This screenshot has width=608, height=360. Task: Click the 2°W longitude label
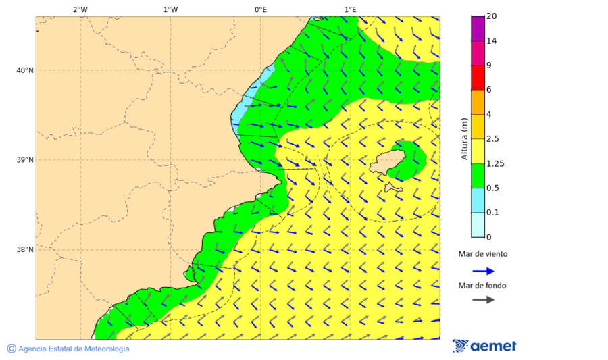point(80,9)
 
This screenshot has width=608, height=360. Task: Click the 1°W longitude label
point(170,9)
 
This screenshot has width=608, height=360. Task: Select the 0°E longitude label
point(260,9)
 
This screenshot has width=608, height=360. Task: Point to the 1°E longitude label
point(350,9)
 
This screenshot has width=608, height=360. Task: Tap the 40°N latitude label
point(25,70)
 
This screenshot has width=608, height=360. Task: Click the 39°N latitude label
point(25,160)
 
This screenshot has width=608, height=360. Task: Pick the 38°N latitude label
point(25,250)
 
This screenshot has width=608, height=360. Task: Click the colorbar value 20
point(492,16)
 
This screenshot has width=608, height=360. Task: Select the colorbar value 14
point(492,41)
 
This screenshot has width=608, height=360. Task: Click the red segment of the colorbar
point(478,78)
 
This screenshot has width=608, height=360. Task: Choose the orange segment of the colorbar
point(478,102)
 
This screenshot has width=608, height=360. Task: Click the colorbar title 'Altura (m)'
point(464,138)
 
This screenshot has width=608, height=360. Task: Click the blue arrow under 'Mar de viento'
point(483,271)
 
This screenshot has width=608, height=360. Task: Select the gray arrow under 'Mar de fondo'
point(483,300)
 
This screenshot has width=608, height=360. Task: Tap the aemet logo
point(484,346)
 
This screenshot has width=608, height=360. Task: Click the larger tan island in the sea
point(388,164)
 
